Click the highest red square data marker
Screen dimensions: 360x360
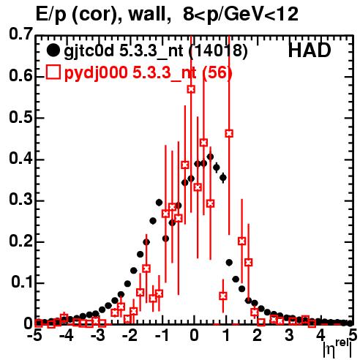coord(191,89)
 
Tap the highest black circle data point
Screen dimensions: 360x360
coord(210,157)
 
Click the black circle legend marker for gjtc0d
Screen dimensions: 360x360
coord(53,50)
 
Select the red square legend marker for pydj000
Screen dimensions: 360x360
coord(53,72)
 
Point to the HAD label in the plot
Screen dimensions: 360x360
coord(310,50)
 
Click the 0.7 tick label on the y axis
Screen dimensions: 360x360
coord(20,34)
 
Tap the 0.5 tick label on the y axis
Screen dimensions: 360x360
coord(20,117)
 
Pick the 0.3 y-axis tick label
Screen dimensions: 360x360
coord(20,200)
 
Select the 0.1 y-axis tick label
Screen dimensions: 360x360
coord(21,282)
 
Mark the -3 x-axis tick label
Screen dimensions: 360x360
coord(98,335)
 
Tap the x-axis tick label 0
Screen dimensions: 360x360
coord(194,335)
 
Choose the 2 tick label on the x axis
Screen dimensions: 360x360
coord(258,335)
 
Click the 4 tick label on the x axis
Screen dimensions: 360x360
coord(320,335)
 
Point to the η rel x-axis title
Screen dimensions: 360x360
coord(338,348)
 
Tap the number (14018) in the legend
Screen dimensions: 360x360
coord(218,50)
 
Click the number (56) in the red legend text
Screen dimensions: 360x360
coord(217,72)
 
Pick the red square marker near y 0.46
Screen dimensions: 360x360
coord(229,133)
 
